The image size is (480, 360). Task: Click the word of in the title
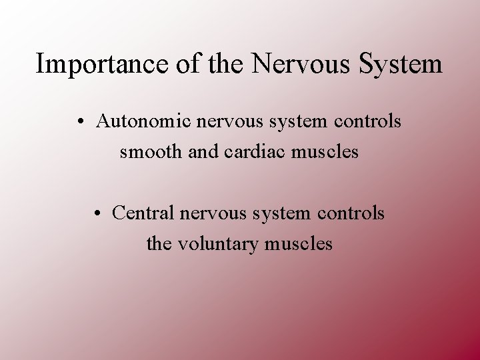tap(171, 65)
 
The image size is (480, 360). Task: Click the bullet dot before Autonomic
tap(80, 123)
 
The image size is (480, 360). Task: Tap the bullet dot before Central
tap(97, 214)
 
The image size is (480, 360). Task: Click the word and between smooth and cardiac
tap(202, 153)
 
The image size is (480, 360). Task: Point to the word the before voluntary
tap(158, 244)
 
